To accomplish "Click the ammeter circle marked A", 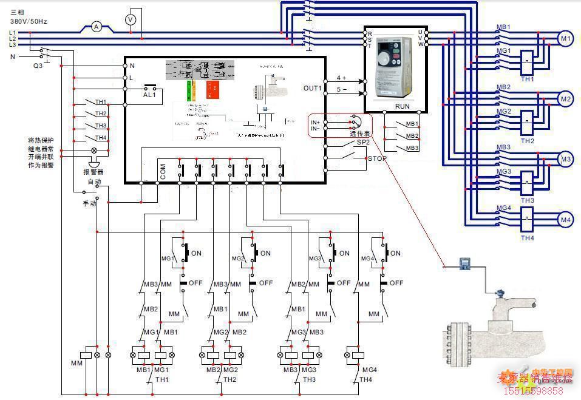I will [x=95, y=27].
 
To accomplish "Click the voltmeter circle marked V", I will [x=129, y=20].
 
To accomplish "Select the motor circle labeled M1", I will [x=565, y=39].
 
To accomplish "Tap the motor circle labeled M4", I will [x=565, y=220].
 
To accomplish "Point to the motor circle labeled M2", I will [x=565, y=99].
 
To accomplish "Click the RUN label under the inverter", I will [x=402, y=106].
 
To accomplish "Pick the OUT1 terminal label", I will [x=313, y=88].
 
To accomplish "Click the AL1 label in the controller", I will [x=149, y=95].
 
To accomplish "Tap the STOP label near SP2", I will [x=377, y=158].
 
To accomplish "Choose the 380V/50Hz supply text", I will [x=29, y=21].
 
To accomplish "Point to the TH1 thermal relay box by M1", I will [x=526, y=61].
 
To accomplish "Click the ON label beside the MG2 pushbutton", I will [x=265, y=253].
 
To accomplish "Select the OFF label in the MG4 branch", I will [x=396, y=283].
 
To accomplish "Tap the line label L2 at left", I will [x=13, y=38].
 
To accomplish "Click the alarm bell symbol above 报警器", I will [x=94, y=163].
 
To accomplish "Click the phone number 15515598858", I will [x=534, y=390].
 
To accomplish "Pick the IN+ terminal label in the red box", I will [x=315, y=122].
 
